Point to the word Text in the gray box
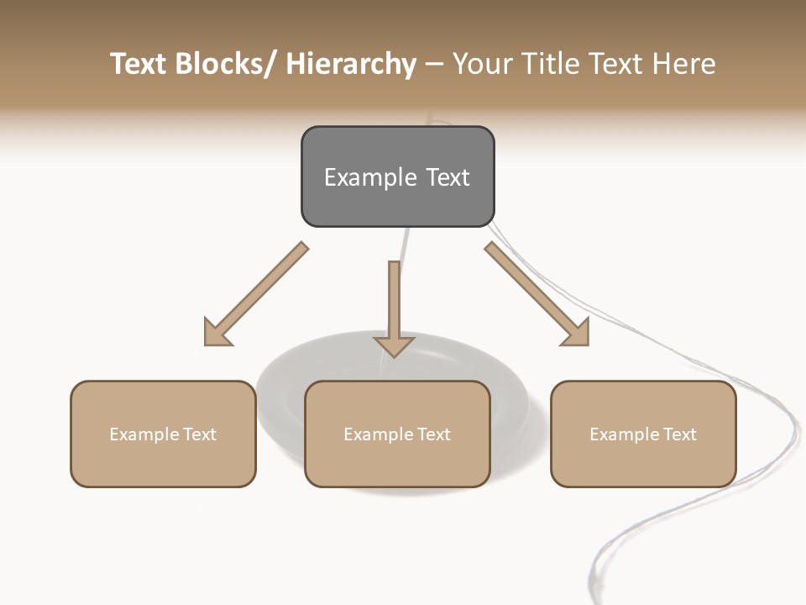point(447,177)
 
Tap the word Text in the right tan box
point(679,434)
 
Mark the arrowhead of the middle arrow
point(394,345)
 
